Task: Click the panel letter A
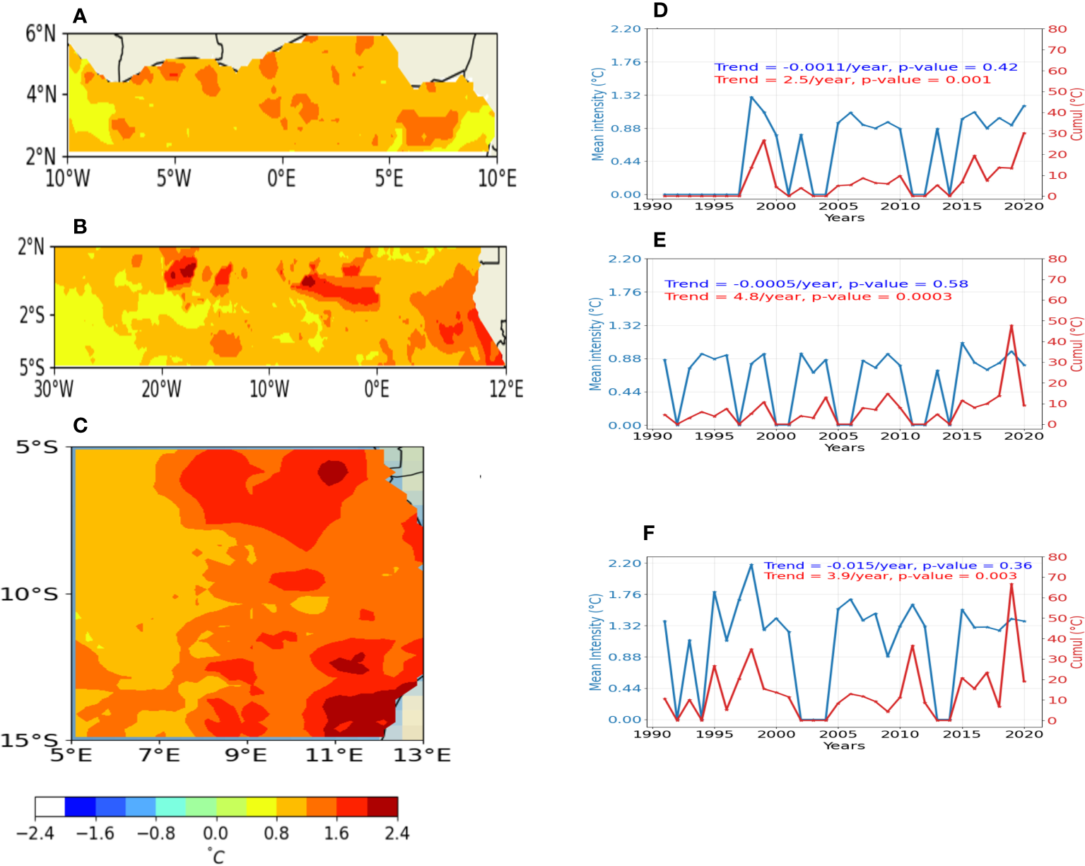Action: (x=80, y=16)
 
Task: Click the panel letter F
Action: (x=649, y=533)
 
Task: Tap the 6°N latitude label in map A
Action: (x=40, y=33)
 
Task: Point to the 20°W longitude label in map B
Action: (x=162, y=388)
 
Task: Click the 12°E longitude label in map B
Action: (x=506, y=388)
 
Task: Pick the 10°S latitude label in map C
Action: (x=29, y=594)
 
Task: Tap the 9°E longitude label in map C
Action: (x=246, y=756)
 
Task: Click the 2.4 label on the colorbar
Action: (x=397, y=833)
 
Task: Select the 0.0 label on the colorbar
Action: (x=216, y=833)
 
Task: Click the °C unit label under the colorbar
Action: (x=216, y=856)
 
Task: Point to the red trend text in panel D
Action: (x=852, y=80)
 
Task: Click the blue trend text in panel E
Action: (x=816, y=284)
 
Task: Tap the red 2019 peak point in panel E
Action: (x=1011, y=326)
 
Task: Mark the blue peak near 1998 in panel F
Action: (x=751, y=565)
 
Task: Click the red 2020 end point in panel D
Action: (x=1024, y=134)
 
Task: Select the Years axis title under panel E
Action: (x=844, y=447)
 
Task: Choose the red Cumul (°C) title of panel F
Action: (x=1077, y=642)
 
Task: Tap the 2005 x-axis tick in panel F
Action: (x=838, y=734)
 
